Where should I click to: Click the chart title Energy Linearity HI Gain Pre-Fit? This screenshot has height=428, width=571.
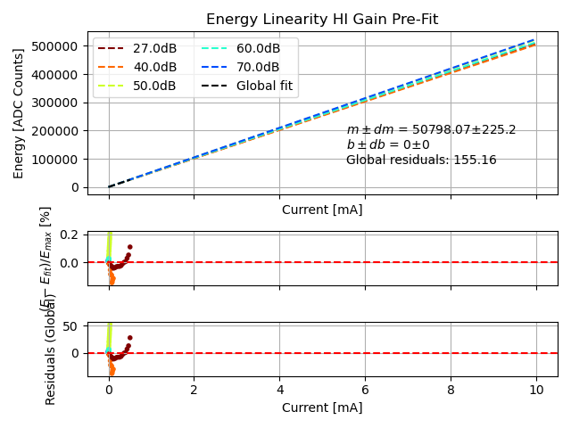(x=322, y=20)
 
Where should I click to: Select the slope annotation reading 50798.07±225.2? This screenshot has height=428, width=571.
(x=431, y=130)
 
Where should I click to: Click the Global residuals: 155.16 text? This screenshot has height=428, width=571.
(x=421, y=160)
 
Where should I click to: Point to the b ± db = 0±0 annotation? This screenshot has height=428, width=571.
(x=388, y=145)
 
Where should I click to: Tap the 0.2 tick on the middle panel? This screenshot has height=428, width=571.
(x=70, y=235)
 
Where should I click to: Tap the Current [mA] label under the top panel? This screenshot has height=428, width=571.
(x=322, y=210)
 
